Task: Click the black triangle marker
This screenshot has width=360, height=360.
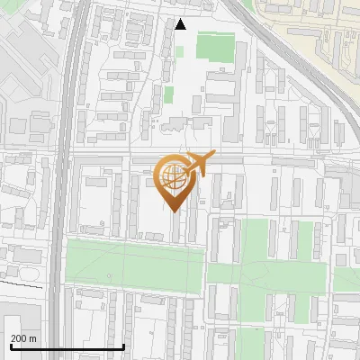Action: (x=180, y=24)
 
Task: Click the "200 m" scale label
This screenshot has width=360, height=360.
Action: (x=23, y=337)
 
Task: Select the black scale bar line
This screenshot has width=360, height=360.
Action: (x=67, y=346)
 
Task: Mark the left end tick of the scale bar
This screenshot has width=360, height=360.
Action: (x=11, y=346)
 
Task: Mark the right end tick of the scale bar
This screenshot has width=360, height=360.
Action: (x=123, y=346)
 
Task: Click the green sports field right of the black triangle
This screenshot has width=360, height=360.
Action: (x=214, y=47)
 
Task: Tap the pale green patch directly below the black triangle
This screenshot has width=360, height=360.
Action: (x=168, y=94)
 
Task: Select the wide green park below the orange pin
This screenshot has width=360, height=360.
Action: (x=135, y=267)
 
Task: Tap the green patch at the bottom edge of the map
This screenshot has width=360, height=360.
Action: (x=252, y=346)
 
